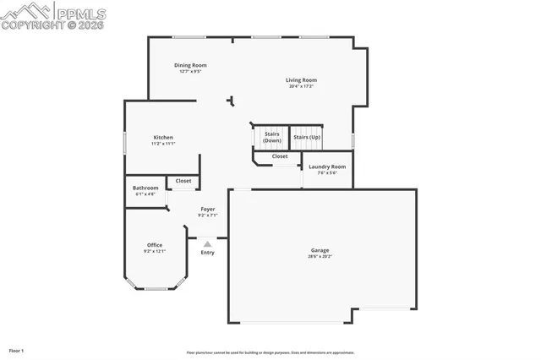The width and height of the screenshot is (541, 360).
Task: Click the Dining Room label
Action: tap(190, 65)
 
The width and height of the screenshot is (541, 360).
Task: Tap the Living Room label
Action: tap(301, 80)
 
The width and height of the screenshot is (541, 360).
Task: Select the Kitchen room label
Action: tap(163, 137)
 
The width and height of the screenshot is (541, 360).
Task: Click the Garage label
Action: tap(320, 250)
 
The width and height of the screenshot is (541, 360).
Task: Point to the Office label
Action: tap(155, 245)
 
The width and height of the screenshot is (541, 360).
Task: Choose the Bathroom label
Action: tap(146, 188)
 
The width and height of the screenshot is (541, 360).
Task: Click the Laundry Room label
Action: tap(327, 166)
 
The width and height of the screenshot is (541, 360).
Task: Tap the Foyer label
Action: tap(207, 209)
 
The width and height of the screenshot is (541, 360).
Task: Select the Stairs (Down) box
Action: tap(271, 137)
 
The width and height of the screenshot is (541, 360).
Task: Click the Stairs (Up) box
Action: tap(306, 137)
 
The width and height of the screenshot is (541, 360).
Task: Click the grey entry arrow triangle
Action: tap(207, 243)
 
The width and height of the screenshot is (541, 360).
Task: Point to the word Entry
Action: tap(207, 253)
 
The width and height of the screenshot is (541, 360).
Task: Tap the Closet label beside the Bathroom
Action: tap(183, 181)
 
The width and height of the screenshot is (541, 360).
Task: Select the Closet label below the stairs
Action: tap(280, 156)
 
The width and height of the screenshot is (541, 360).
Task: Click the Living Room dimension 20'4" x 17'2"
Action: tap(301, 86)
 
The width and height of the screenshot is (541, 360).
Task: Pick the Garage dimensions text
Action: tap(320, 256)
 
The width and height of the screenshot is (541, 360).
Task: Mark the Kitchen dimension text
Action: tap(163, 144)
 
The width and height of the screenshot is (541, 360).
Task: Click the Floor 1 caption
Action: tap(16, 350)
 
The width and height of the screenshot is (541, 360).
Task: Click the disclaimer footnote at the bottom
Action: tap(270, 352)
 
